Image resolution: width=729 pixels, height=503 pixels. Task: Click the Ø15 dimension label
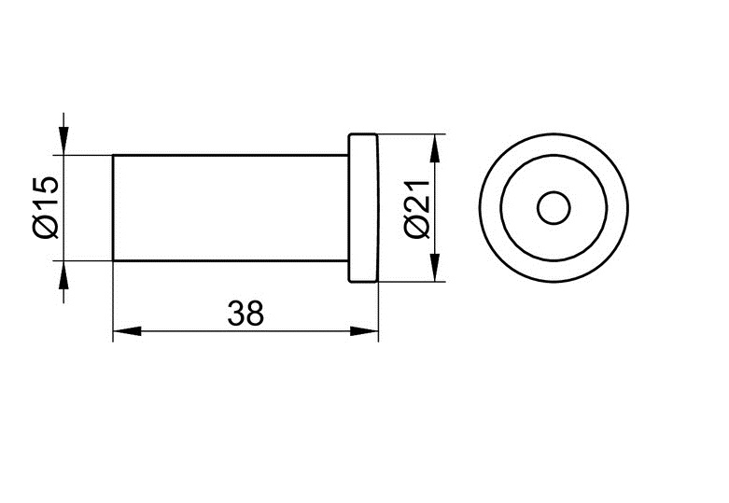pos(46,207)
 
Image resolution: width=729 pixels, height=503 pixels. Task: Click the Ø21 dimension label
pos(416,209)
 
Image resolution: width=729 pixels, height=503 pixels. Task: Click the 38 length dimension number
pos(245,313)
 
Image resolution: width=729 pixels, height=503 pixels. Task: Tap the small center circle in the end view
pos(554,208)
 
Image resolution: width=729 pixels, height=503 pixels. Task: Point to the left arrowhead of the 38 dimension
pos(127,331)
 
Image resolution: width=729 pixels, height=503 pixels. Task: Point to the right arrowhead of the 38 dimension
pos(364,331)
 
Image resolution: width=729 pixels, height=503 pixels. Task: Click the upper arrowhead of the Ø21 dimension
pos(435,148)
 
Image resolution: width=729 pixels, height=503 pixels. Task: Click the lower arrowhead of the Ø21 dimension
pos(435,267)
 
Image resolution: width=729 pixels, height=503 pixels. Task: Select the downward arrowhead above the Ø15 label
pos(64,140)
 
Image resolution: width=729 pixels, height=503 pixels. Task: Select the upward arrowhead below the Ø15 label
pos(64,275)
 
